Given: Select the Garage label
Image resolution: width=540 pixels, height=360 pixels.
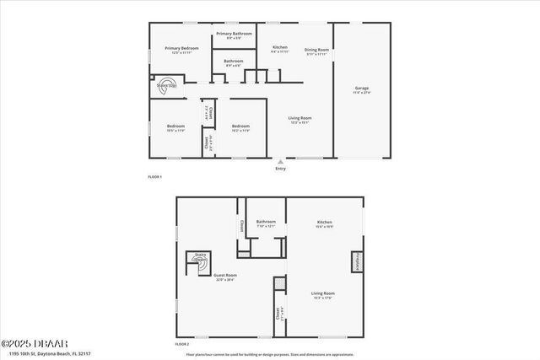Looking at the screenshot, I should [x=362, y=89].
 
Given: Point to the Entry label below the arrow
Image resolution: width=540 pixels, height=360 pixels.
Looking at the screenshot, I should [x=280, y=169].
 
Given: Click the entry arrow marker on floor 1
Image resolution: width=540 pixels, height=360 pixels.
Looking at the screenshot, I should [x=280, y=161].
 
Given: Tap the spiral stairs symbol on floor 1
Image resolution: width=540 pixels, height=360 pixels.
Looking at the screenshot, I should [x=167, y=86].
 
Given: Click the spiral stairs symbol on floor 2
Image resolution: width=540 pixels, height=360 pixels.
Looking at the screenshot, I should [x=199, y=261].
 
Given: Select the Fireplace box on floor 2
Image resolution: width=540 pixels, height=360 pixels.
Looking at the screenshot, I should [x=357, y=261].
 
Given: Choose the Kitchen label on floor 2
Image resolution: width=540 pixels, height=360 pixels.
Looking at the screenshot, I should [x=325, y=223].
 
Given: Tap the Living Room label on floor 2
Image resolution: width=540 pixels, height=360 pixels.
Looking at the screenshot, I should [x=324, y=295].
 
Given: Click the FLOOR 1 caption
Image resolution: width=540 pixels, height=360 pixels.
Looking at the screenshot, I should [x=154, y=177].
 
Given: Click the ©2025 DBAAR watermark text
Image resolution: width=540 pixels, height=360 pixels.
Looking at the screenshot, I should [x=28, y=343].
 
